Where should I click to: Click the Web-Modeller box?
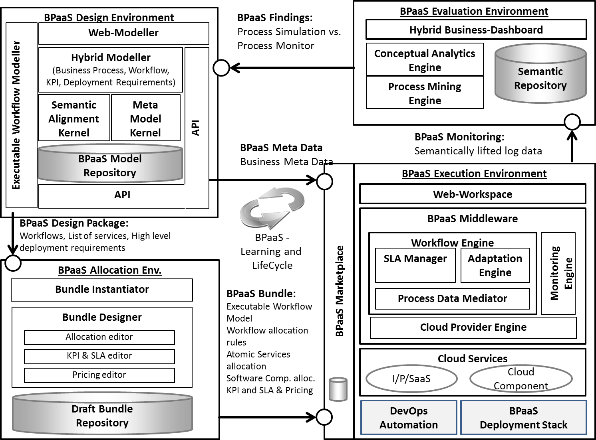click(x=123, y=33)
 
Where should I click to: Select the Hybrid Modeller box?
click(x=111, y=70)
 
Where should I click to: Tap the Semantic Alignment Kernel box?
click(x=74, y=118)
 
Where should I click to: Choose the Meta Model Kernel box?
click(x=145, y=118)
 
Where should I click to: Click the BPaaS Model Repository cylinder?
click(x=110, y=166)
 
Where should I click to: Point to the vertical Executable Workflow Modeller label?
click(x=16, y=115)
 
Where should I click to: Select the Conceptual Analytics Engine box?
click(x=425, y=60)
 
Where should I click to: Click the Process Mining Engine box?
click(x=425, y=93)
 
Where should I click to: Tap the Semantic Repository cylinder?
click(x=540, y=78)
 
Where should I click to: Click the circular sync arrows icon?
click(x=272, y=208)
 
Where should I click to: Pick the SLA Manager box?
click(x=415, y=265)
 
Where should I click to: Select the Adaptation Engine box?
click(x=495, y=265)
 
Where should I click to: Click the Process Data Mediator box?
click(x=452, y=299)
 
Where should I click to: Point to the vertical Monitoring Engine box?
click(x=558, y=273)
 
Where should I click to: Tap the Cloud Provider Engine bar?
click(x=473, y=328)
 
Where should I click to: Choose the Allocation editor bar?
click(x=99, y=337)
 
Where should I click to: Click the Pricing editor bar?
click(x=99, y=375)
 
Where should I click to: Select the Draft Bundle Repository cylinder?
click(x=102, y=415)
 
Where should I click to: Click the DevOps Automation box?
click(x=409, y=418)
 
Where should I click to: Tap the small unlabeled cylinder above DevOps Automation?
click(x=338, y=389)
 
